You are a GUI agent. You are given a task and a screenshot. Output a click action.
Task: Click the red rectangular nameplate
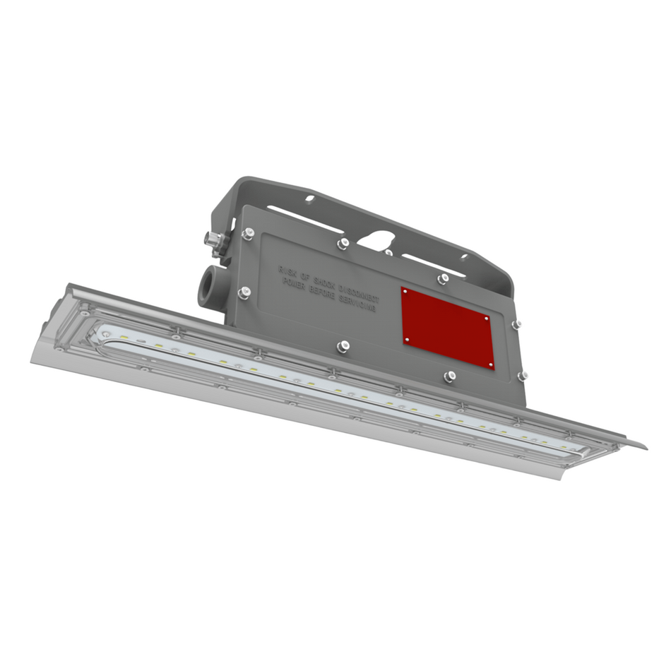(x=447, y=326)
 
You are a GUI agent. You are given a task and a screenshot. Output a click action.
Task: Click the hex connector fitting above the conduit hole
(x=212, y=240)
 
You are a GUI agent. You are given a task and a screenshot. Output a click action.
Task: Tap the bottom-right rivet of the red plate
(x=491, y=364)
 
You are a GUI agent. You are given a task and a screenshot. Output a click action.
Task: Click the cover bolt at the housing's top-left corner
(x=247, y=232)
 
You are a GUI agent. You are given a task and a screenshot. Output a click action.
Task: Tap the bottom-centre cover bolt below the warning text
(x=343, y=345)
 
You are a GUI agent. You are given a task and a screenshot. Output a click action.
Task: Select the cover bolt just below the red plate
(x=449, y=376)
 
